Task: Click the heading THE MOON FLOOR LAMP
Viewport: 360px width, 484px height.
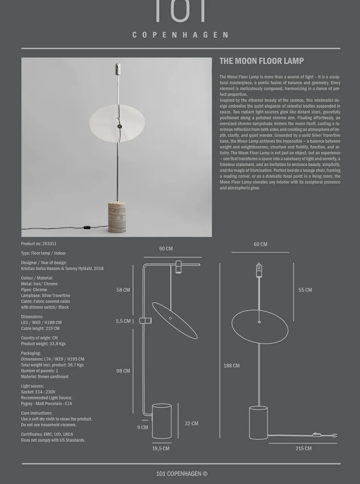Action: pos(261,61)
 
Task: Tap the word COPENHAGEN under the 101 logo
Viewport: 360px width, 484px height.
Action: pos(180,35)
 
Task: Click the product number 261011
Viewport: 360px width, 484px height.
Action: pos(49,243)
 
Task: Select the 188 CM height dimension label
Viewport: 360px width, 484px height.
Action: pos(231,366)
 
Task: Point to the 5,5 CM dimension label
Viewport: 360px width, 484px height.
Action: pos(123,321)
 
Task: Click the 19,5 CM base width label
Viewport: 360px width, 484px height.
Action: pos(160,448)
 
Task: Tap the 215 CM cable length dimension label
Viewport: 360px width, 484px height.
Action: pos(303,448)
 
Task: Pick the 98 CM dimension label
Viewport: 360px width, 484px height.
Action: pos(123,371)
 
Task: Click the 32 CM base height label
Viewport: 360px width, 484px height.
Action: pos(191,423)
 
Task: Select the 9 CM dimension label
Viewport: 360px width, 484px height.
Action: pos(142,427)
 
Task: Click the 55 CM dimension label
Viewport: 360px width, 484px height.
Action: pos(305,290)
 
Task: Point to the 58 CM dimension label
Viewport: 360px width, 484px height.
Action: pos(123,290)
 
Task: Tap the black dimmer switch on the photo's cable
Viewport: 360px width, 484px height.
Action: pos(87,227)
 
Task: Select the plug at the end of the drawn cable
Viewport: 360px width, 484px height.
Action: pos(335,435)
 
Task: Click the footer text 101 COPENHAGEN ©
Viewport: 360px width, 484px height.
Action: pos(181,474)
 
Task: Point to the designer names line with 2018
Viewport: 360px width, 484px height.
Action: pos(62,269)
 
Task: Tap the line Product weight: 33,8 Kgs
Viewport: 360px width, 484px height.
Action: pos(43,344)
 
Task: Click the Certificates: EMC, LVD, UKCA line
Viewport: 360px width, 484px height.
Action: pos(47,435)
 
